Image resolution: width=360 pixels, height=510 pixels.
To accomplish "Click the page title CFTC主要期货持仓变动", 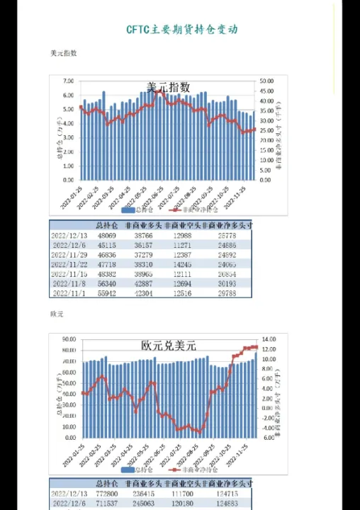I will [182, 30].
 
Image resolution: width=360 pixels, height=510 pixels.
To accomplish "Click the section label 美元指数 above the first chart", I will [64, 53].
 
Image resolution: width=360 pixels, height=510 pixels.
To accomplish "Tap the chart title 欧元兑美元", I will [168, 346].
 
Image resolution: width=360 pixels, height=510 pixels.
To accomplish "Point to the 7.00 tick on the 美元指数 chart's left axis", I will [68, 81].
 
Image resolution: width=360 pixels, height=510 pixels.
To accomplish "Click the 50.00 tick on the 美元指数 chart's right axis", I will [266, 81].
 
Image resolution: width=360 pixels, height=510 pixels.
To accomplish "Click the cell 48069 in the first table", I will [106, 234].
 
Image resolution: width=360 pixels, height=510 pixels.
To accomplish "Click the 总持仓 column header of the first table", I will [106, 225].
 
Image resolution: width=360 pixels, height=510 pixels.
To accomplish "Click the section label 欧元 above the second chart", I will [57, 313].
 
